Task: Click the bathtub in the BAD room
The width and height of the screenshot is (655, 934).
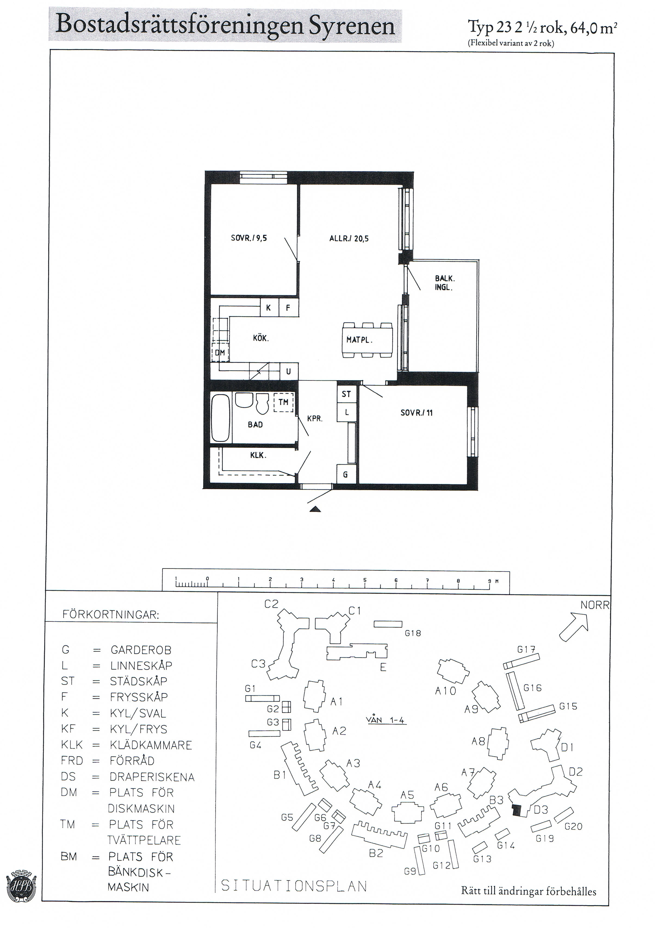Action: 220,417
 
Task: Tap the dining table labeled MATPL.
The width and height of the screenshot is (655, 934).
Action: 368,340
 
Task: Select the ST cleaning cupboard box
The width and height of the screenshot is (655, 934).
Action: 346,393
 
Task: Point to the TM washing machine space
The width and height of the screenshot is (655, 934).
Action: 283,402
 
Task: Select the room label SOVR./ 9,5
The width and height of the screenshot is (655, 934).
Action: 249,238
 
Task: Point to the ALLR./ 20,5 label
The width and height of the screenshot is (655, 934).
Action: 349,238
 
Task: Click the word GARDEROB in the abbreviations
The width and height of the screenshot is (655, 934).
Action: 141,650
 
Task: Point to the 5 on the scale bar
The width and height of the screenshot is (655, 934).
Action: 365,580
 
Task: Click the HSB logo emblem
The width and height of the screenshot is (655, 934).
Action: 21,886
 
